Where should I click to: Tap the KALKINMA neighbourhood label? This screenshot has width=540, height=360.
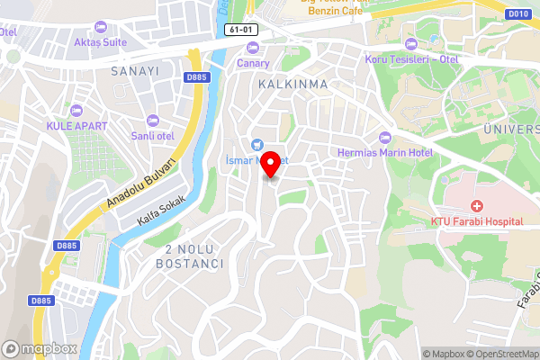point(292,84)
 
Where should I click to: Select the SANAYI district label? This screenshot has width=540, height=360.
point(134,70)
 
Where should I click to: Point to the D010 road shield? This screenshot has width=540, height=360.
point(517,14)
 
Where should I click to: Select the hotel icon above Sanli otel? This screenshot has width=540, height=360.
point(151,120)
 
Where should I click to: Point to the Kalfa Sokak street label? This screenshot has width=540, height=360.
point(161,209)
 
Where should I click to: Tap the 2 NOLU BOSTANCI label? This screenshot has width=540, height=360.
point(189,256)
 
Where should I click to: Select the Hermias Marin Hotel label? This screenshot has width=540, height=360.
point(384,152)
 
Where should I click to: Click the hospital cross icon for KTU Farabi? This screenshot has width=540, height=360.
point(476,206)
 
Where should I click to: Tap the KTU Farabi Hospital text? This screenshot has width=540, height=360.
point(477,221)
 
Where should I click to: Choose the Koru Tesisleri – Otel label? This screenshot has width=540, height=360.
point(412,59)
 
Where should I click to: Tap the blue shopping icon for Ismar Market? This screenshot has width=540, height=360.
point(256,144)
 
